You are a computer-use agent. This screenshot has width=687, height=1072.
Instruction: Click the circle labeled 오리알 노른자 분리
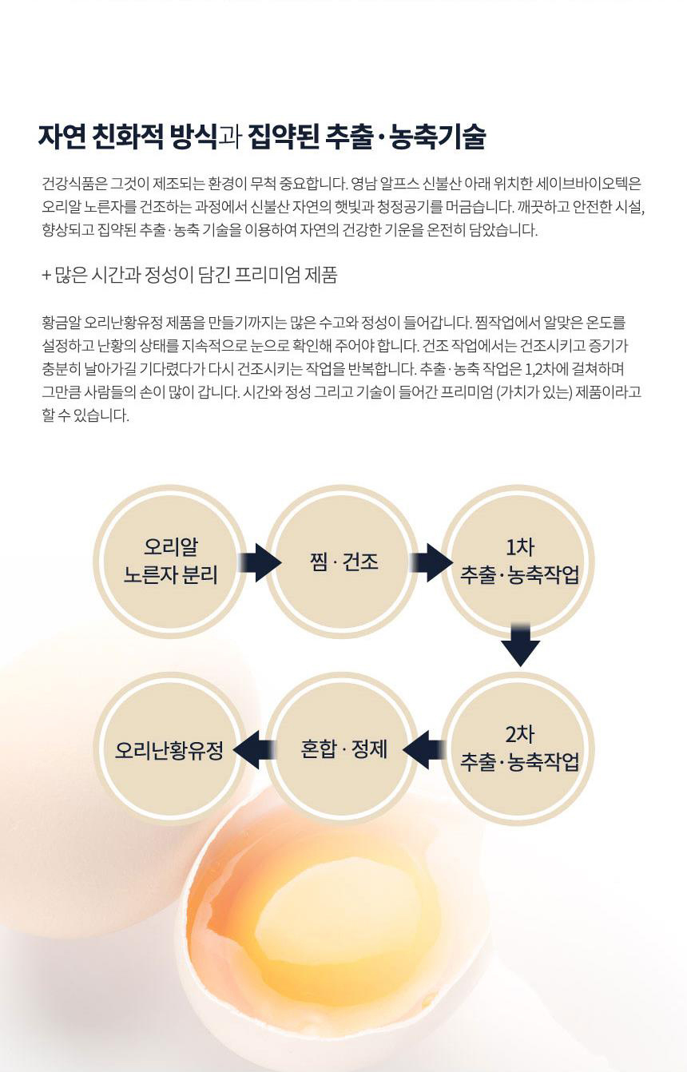[170, 562]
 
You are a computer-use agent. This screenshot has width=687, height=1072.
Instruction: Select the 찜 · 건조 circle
[343, 562]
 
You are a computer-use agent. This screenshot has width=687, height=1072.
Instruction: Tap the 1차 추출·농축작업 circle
[519, 562]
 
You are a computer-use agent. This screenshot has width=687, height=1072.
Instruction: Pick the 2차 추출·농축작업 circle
[519, 748]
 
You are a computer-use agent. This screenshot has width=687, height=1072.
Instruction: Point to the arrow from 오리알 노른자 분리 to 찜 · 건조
[257, 562]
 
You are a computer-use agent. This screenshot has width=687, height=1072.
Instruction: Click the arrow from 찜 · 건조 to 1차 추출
[431, 562]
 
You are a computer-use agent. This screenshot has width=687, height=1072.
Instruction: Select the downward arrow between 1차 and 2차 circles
[521, 643]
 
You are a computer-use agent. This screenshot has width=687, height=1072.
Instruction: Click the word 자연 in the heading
[62, 137]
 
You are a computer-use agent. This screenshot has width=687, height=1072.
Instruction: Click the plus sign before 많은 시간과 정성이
[46, 276]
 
